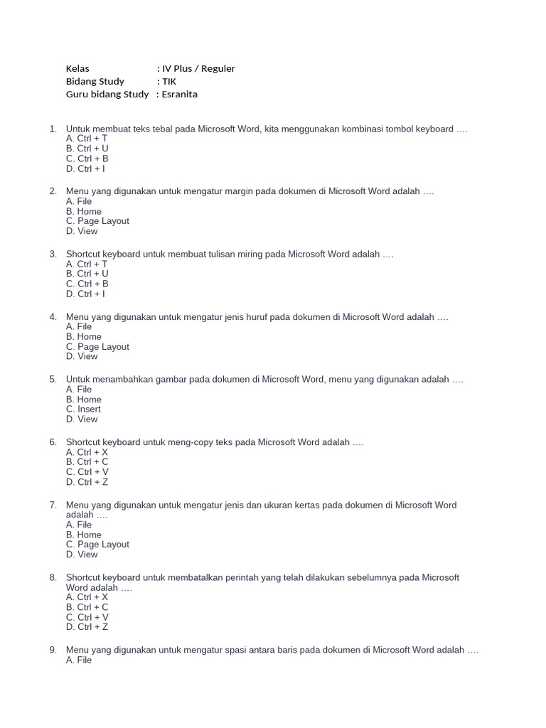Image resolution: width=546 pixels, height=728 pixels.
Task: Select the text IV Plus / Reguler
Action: pos(198,68)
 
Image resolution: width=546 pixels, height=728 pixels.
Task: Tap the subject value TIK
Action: pos(171,81)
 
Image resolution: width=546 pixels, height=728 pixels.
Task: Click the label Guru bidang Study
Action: pos(107,94)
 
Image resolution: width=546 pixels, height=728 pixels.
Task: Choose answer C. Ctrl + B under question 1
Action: pos(87,159)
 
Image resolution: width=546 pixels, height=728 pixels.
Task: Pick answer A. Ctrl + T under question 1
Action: pos(87,139)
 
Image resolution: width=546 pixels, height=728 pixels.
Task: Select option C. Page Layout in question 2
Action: pos(97,221)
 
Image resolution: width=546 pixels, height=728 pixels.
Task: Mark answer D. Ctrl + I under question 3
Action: pos(85,294)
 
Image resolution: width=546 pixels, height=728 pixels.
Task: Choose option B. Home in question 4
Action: pos(84,336)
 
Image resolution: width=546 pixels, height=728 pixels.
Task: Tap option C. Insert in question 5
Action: pos(83,409)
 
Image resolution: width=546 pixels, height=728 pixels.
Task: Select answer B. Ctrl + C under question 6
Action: pos(87,461)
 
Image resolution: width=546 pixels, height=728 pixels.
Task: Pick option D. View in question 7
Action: pos(82,555)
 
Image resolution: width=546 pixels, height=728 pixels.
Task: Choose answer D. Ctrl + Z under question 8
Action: pos(87,627)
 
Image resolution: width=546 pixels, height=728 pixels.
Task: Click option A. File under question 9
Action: pos(79,660)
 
